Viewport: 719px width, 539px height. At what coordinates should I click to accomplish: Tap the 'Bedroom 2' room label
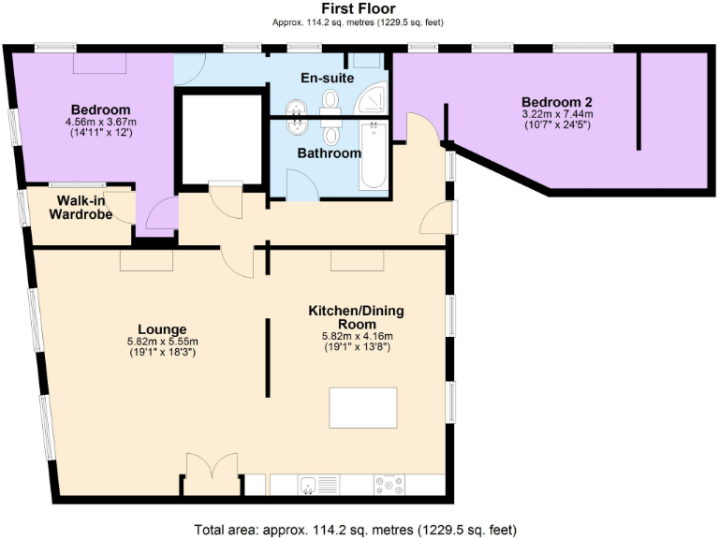click(x=557, y=102)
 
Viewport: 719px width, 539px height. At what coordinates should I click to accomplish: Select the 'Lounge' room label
click(x=163, y=329)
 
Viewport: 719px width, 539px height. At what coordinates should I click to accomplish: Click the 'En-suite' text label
click(x=327, y=78)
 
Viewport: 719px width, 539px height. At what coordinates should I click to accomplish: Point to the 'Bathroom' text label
click(x=330, y=153)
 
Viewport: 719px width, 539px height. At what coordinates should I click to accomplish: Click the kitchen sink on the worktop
click(x=307, y=485)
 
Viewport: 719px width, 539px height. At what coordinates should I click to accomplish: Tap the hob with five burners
click(x=389, y=485)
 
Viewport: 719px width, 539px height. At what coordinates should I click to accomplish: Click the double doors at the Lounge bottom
click(x=213, y=473)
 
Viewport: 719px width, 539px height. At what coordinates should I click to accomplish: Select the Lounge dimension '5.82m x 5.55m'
click(x=163, y=342)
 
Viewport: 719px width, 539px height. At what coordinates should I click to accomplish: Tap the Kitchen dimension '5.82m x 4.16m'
click(x=357, y=336)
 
